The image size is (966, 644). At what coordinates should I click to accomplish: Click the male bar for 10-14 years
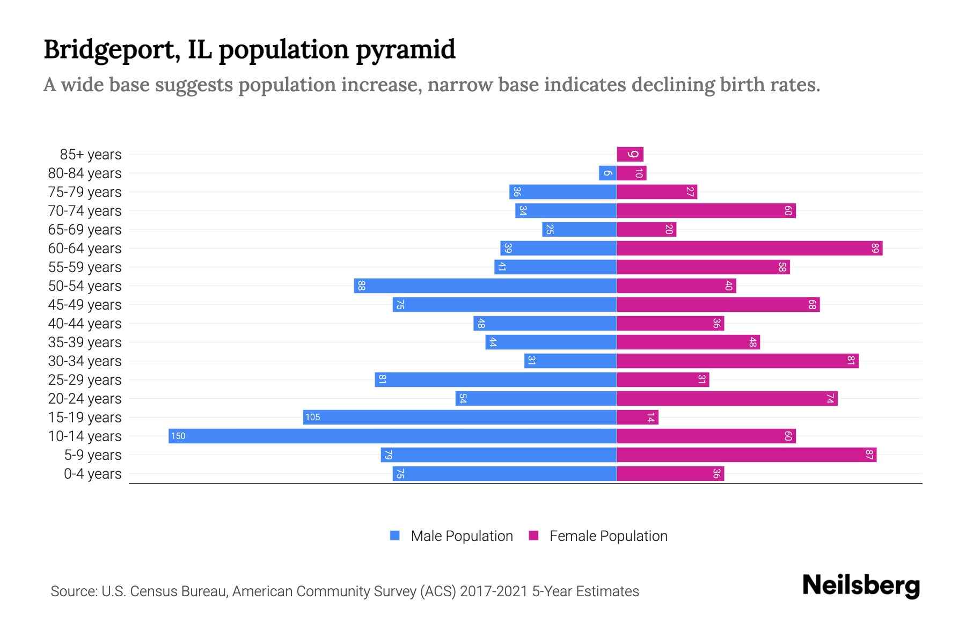(x=392, y=436)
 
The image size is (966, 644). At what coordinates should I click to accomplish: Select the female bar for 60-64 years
(x=749, y=248)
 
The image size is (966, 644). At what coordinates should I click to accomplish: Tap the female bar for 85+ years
(x=630, y=155)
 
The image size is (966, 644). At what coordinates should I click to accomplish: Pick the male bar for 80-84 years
(x=608, y=173)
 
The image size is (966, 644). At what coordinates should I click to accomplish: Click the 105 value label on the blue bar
(x=312, y=418)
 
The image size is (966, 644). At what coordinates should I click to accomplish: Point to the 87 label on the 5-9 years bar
(x=869, y=455)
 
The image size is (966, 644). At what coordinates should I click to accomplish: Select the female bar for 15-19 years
(x=638, y=418)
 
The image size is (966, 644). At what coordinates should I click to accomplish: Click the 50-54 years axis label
(x=85, y=286)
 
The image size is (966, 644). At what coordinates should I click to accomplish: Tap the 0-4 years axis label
(x=92, y=474)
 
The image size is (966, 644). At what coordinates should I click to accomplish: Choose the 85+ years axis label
(x=91, y=155)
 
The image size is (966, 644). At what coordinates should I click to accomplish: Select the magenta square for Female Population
(x=533, y=536)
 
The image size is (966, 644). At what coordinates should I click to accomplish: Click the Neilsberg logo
(x=861, y=586)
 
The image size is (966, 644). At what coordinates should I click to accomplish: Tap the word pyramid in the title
(x=406, y=50)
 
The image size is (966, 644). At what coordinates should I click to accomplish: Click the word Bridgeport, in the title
(x=112, y=50)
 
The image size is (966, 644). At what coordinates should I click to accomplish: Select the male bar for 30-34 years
(x=570, y=361)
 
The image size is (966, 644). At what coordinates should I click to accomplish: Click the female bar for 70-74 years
(x=706, y=211)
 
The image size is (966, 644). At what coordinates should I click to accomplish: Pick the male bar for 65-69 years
(x=579, y=230)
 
